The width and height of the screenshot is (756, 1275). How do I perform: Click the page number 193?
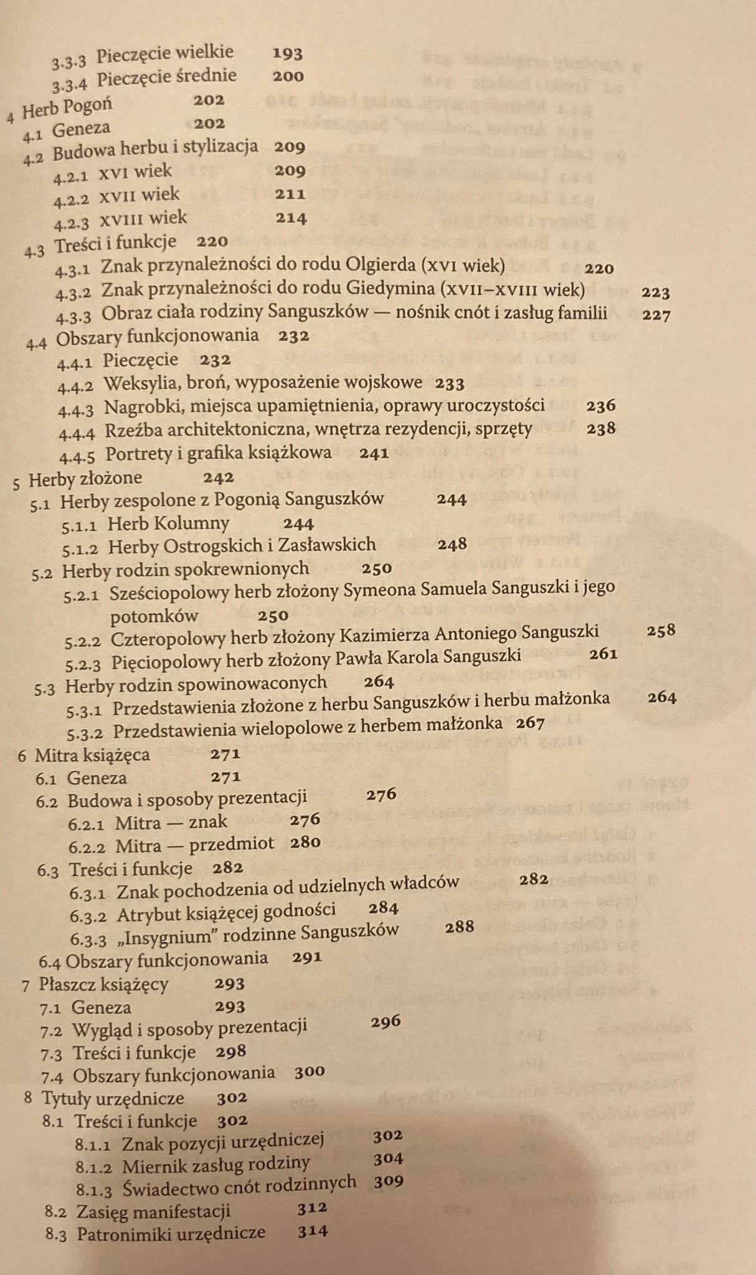288,54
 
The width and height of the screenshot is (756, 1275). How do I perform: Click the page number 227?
656,315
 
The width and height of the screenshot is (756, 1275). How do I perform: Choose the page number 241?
374,453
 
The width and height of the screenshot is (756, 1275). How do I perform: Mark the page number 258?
661,631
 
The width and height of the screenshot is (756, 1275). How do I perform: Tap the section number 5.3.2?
85,731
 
